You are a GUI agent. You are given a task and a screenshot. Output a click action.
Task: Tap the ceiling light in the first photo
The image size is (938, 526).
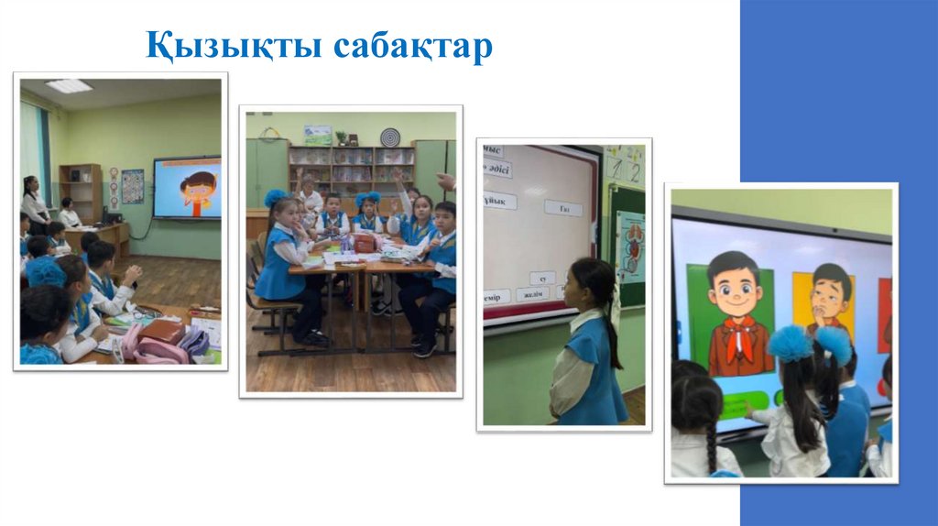click(x=69, y=85)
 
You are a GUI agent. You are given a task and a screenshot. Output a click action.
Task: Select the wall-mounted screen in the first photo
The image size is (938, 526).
click(x=187, y=188)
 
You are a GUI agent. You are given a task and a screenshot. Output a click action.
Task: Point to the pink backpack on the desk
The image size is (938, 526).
click(x=156, y=344)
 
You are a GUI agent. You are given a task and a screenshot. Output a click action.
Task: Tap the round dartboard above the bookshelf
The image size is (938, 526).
click(x=390, y=137)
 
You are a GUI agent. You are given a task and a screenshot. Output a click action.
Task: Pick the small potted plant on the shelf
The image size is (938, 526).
click(x=341, y=137)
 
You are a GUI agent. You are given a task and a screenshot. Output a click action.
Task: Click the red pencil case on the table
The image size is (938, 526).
click(x=364, y=243)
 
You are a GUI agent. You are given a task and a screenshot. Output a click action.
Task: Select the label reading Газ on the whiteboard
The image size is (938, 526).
click(x=563, y=208)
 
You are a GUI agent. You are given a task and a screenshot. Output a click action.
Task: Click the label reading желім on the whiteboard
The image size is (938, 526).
click(x=532, y=294)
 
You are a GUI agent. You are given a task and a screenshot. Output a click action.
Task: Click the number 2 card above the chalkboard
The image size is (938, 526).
click(x=634, y=167)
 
